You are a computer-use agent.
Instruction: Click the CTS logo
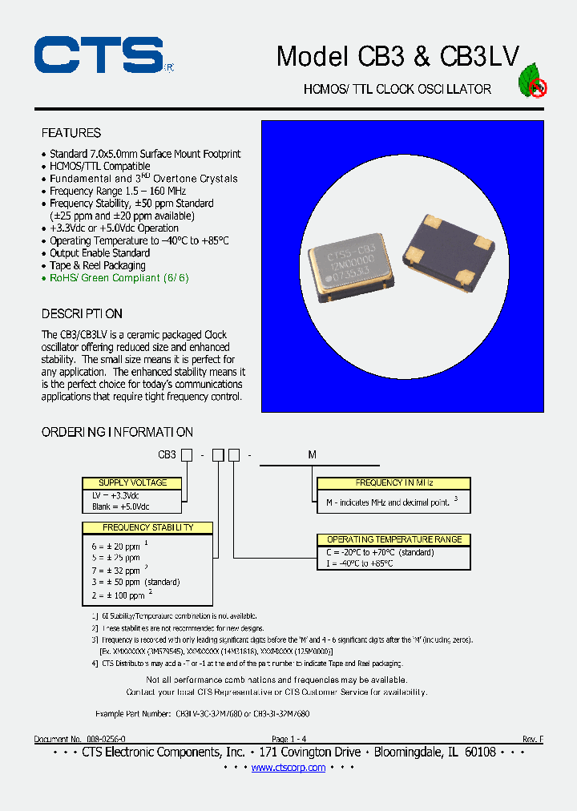pos(99,55)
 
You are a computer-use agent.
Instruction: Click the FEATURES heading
pos(71,133)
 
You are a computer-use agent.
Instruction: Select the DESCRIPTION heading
pos(82,313)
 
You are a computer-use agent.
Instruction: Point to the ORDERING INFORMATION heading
pos(117,432)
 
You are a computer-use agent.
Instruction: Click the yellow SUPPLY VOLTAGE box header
pos(133,483)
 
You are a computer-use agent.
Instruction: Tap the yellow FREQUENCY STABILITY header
pos(148,527)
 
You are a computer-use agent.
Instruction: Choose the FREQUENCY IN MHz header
pos(393,483)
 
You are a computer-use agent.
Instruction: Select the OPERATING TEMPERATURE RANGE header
pos(393,539)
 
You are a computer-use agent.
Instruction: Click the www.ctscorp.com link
pos(288,768)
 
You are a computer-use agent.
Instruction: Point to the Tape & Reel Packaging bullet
pos(97,265)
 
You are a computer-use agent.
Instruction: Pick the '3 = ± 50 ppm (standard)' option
pos(135,582)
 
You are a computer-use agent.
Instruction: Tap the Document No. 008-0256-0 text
pos(79,739)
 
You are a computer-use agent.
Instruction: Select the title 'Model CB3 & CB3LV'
pos(397,56)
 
